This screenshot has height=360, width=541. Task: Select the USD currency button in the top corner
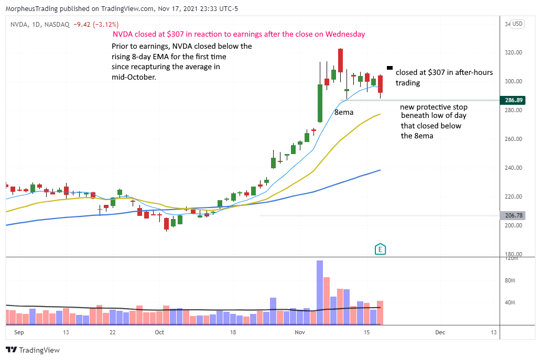click(518, 24)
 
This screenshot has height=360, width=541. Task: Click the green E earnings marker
click(381, 249)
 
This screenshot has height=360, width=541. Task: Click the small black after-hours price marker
click(389, 68)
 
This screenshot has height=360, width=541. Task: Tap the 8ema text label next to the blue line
click(344, 112)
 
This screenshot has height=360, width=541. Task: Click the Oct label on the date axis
click(160, 332)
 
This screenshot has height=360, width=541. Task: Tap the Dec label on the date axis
click(440, 332)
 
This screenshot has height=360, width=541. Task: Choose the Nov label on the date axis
click(300, 332)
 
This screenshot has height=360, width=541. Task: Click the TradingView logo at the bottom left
click(33, 350)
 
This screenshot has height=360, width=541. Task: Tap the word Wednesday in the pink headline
click(346, 34)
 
